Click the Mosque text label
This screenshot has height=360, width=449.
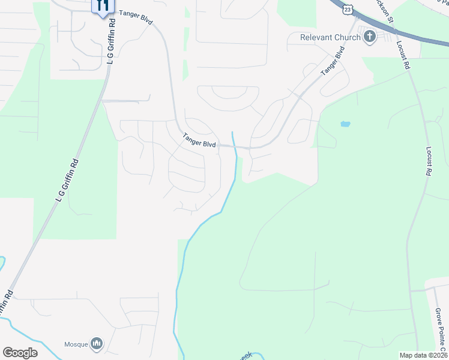click(76, 344)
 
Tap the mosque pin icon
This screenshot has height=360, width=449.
click(97, 343)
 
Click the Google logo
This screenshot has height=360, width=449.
click(20, 353)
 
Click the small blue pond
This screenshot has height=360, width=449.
click(345, 124)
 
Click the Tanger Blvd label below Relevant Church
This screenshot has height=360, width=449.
click(333, 61)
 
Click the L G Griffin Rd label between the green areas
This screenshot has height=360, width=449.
click(67, 181)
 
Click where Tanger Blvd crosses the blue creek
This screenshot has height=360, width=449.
click(235, 146)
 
